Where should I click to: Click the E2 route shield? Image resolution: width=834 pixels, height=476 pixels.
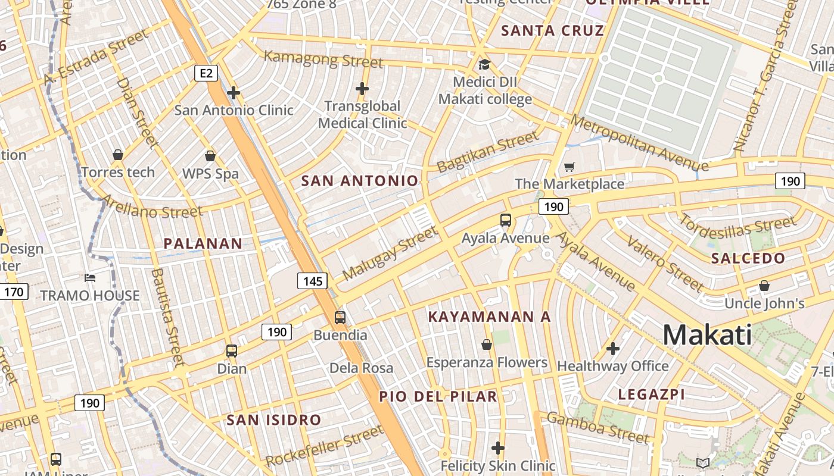coord(206,73)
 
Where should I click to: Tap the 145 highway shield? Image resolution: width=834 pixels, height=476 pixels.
coord(312,281)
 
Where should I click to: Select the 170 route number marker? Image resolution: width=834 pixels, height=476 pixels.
coord(14,292)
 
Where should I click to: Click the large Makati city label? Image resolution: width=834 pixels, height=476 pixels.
coord(707,335)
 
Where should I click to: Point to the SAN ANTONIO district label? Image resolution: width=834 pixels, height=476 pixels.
coord(360,181)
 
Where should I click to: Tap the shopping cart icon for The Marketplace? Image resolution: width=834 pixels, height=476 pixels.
coord(570,167)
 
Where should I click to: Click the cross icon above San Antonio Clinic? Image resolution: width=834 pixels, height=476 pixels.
coord(234,93)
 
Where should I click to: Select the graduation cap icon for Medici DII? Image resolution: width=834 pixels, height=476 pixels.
coord(484,64)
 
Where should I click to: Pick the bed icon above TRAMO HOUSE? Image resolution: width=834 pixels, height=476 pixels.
coord(90,278)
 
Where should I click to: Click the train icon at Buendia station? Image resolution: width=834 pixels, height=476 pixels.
coord(340,318)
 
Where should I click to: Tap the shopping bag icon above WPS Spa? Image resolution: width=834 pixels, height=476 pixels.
coord(210,156)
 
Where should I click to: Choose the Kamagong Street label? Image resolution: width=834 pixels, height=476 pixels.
coord(323,59)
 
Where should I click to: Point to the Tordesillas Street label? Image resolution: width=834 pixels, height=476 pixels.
coord(737,227)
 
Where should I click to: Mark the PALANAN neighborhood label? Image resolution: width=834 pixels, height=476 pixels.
coord(203,243)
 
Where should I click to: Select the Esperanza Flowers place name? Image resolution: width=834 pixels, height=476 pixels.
coord(487,362)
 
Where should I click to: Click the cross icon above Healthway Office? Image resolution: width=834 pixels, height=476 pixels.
coord(612,349)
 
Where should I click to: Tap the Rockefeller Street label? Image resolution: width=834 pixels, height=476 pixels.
coord(325,446)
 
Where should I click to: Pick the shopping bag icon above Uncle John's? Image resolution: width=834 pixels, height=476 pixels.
coord(764,286)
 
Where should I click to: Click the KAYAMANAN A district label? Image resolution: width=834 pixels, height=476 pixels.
coord(490,317)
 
